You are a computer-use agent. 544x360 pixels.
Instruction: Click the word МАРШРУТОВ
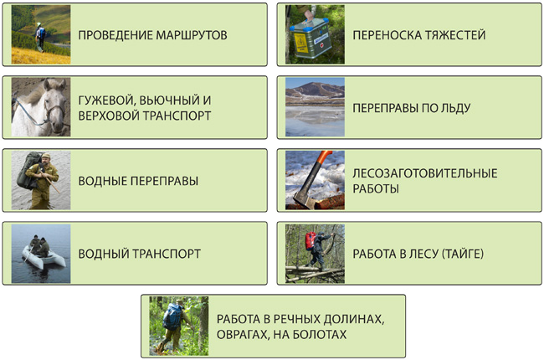click(192, 35)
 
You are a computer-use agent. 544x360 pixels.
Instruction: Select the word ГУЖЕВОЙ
click(105, 100)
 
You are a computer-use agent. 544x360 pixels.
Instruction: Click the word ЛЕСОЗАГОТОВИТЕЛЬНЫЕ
click(425, 172)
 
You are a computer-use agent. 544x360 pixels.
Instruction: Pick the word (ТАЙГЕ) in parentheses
click(463, 254)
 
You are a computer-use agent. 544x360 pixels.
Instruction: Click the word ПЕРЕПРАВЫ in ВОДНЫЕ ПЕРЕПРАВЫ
click(164, 181)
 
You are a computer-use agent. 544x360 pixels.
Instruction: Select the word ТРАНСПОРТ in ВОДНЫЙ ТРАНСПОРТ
click(167, 254)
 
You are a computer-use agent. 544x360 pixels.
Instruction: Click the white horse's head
click(54, 104)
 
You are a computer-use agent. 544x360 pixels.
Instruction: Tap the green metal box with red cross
click(310, 38)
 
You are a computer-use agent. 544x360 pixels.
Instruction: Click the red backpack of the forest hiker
click(310, 240)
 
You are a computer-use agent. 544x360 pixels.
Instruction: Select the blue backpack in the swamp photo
click(172, 316)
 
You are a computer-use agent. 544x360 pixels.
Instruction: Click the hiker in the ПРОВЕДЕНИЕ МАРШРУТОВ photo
click(40, 38)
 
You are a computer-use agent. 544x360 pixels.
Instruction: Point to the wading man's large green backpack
click(27, 170)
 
